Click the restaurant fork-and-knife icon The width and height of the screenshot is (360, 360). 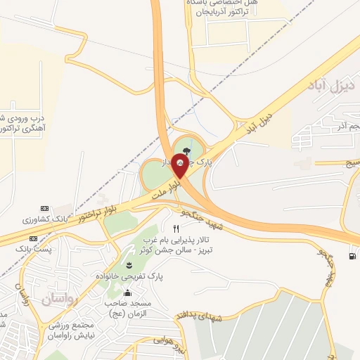176,229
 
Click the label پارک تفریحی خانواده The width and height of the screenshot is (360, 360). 130,278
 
